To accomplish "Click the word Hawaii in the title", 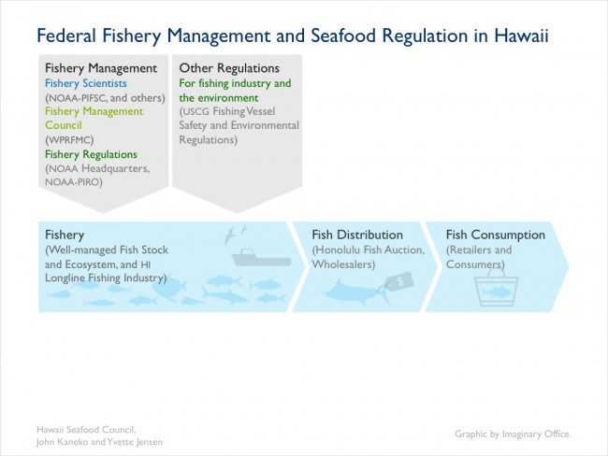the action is tap(521, 36).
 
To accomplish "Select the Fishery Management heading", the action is tap(101, 68).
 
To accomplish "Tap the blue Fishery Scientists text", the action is tap(86, 83).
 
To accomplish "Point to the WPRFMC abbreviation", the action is tap(69, 139).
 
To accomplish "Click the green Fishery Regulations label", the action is tap(91, 154).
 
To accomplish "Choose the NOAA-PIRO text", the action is tap(74, 181).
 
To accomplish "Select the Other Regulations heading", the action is tap(229, 68).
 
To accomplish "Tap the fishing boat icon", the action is tap(261, 257).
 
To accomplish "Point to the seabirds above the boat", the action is tap(236, 234).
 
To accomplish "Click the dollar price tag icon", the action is tap(399, 281).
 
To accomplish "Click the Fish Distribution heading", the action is tap(357, 235).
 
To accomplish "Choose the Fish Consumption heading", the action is tap(496, 235).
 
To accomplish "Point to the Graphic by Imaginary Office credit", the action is tap(513, 434).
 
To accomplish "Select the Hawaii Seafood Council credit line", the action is tap(86, 430).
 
